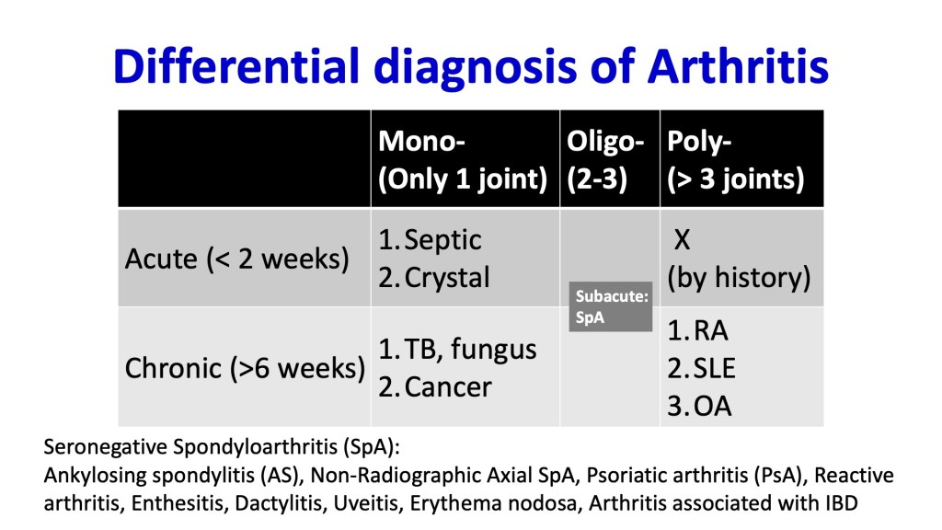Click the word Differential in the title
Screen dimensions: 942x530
(236, 65)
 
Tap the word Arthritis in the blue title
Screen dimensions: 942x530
(738, 65)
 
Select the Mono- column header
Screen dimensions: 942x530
(463, 160)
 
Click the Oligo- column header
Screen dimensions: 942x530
(605, 160)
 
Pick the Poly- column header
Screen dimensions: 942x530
(735, 160)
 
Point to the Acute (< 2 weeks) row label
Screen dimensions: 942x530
(236, 259)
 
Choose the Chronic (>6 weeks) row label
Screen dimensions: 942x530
(245, 368)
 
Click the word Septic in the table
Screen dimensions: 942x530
(442, 240)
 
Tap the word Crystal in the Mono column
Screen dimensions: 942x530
(447, 278)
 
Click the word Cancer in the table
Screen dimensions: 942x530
(448, 387)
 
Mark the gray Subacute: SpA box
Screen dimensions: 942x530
(611, 306)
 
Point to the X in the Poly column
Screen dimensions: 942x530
(682, 240)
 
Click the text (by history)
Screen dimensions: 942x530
(739, 278)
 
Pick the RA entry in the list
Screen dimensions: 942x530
(711, 330)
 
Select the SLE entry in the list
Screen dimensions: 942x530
(714, 368)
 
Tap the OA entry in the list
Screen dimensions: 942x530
(713, 406)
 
